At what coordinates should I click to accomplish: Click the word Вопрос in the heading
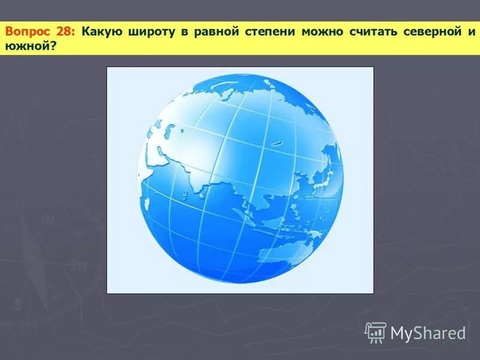(26, 31)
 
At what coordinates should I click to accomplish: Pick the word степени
(269, 31)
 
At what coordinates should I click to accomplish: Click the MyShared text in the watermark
(428, 333)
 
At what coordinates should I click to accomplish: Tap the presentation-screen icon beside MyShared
(376, 332)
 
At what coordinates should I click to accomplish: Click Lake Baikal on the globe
(277, 143)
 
